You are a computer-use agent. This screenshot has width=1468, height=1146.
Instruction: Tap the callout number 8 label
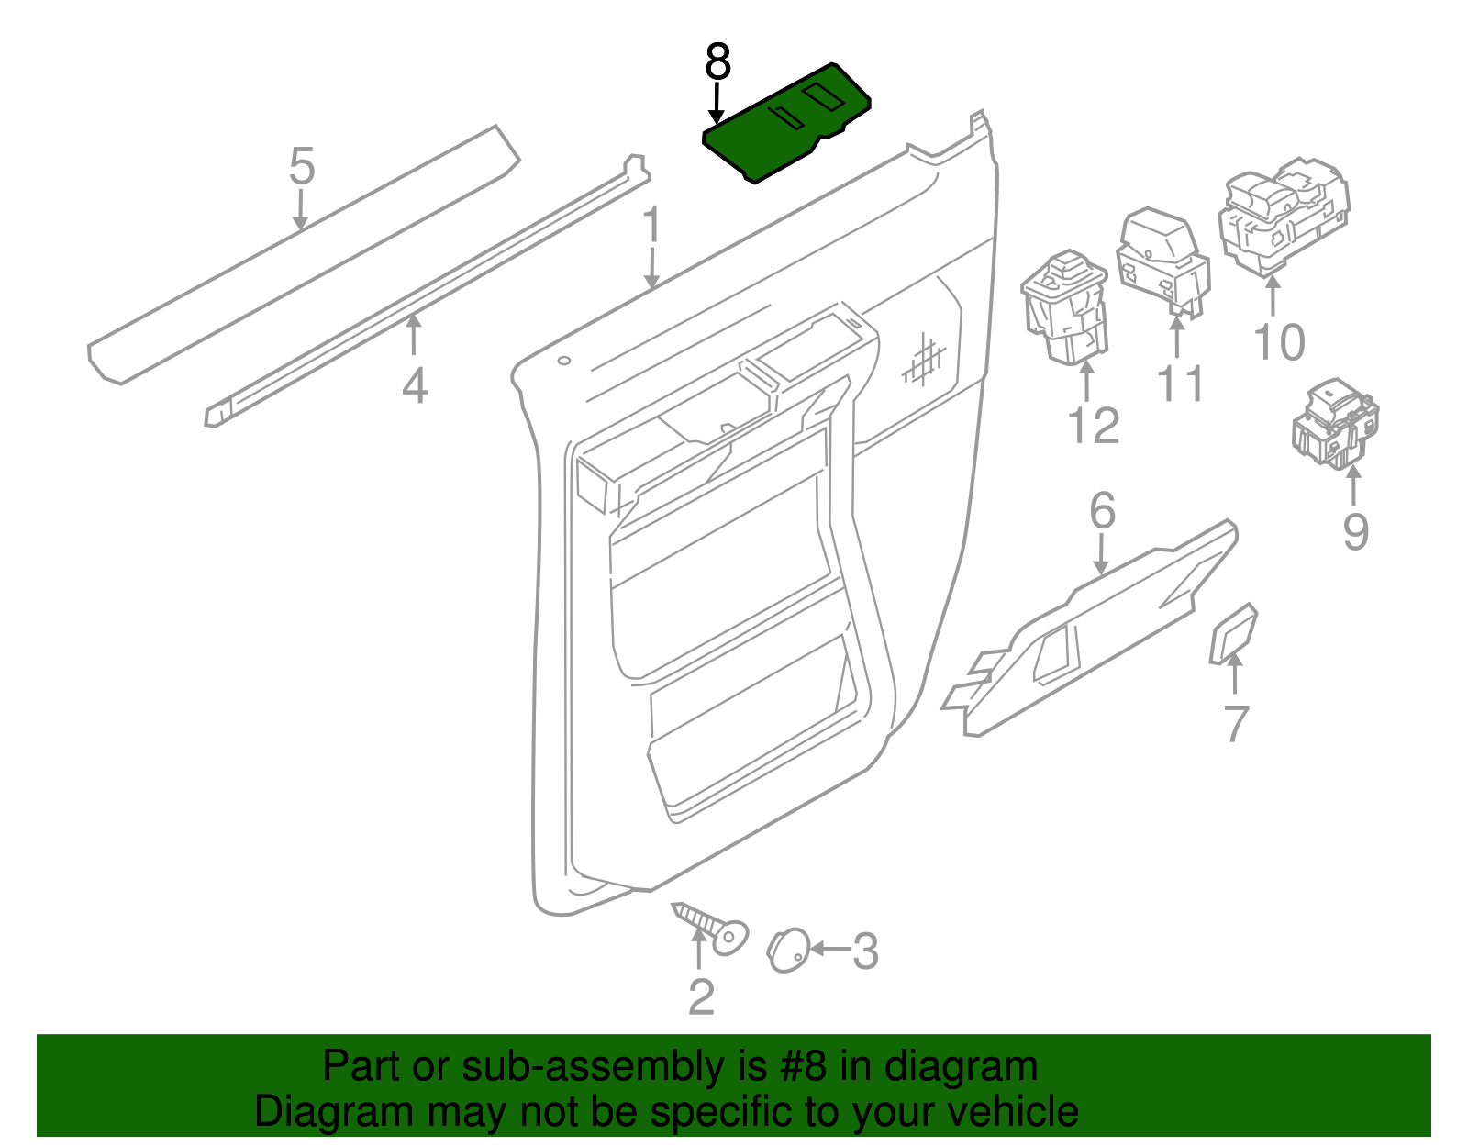(x=717, y=62)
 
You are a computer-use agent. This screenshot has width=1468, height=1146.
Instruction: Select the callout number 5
(x=302, y=166)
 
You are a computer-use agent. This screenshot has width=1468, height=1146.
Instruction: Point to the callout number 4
(x=415, y=385)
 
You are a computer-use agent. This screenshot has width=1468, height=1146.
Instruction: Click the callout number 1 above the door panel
(x=651, y=225)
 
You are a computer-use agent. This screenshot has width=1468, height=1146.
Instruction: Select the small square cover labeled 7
(x=1232, y=633)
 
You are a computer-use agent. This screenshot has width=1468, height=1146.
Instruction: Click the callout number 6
(x=1102, y=510)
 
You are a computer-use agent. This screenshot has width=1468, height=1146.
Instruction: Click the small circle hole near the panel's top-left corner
(x=563, y=361)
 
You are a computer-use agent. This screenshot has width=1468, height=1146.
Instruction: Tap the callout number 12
(x=1094, y=426)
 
